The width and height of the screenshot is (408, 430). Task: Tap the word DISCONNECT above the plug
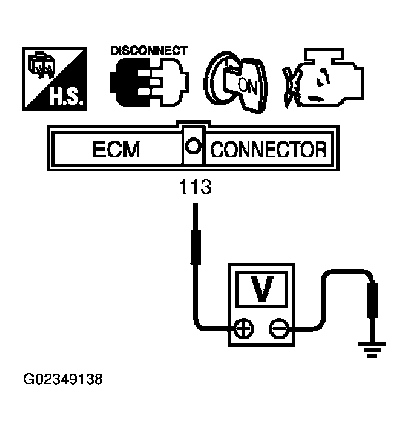click(148, 51)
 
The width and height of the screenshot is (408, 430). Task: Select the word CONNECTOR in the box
click(268, 149)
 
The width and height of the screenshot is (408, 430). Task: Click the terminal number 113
click(196, 187)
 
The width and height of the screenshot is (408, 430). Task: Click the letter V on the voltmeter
click(262, 289)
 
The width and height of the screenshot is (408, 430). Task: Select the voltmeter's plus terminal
click(243, 329)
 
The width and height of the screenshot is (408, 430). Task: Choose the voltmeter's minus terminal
click(278, 329)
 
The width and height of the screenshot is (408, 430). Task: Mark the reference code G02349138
click(62, 380)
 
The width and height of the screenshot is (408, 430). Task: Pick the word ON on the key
click(248, 86)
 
